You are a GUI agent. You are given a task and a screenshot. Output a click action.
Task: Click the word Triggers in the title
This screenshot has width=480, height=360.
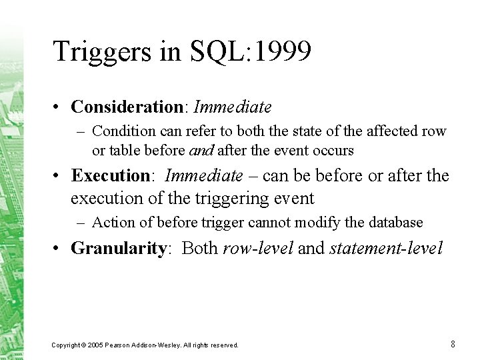[102, 52]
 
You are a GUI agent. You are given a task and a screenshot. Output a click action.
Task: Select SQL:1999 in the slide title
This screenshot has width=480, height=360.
[251, 51]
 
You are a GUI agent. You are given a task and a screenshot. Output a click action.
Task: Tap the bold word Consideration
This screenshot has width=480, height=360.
[127, 107]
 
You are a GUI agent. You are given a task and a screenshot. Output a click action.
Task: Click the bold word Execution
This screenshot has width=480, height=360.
[111, 175]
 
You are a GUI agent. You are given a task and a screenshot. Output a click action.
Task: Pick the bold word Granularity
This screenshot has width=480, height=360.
[119, 248]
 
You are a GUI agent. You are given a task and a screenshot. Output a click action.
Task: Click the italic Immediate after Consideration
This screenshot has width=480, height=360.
[233, 107]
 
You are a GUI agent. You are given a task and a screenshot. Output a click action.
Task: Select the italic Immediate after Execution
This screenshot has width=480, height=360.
[204, 175]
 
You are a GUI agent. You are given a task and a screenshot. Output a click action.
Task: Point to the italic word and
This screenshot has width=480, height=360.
[201, 150]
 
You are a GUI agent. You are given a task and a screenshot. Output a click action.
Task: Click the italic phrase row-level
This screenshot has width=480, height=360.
[258, 247]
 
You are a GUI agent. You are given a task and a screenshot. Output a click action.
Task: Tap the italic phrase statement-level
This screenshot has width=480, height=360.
[386, 247]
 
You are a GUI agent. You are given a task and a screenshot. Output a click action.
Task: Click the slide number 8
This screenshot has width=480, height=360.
[453, 344]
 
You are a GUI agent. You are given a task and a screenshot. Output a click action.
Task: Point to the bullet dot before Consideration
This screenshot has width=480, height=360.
[55, 107]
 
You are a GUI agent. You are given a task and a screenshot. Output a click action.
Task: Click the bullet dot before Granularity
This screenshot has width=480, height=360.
[55, 247]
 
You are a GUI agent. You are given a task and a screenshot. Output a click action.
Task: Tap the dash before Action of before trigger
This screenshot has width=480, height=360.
[81, 223]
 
